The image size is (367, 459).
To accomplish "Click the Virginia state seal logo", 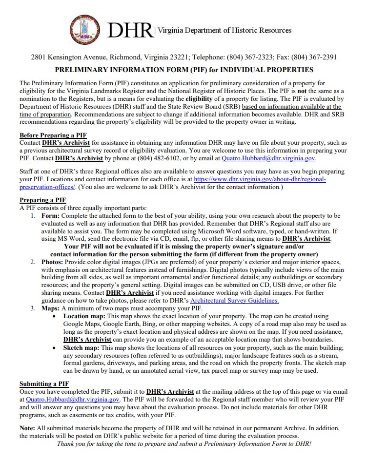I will (x=86, y=30).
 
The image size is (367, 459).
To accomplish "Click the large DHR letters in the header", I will (x=130, y=31).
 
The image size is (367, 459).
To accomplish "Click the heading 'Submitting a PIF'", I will (x=44, y=383).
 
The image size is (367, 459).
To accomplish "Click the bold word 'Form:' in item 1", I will (x=50, y=215).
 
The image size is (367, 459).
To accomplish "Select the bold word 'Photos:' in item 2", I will (x=53, y=262).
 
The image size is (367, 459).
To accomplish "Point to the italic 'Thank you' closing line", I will (x=184, y=444).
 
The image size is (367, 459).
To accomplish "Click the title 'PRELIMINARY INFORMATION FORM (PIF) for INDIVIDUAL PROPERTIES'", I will (x=184, y=70).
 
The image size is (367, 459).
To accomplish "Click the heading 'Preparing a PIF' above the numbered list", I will (x=43, y=200).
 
